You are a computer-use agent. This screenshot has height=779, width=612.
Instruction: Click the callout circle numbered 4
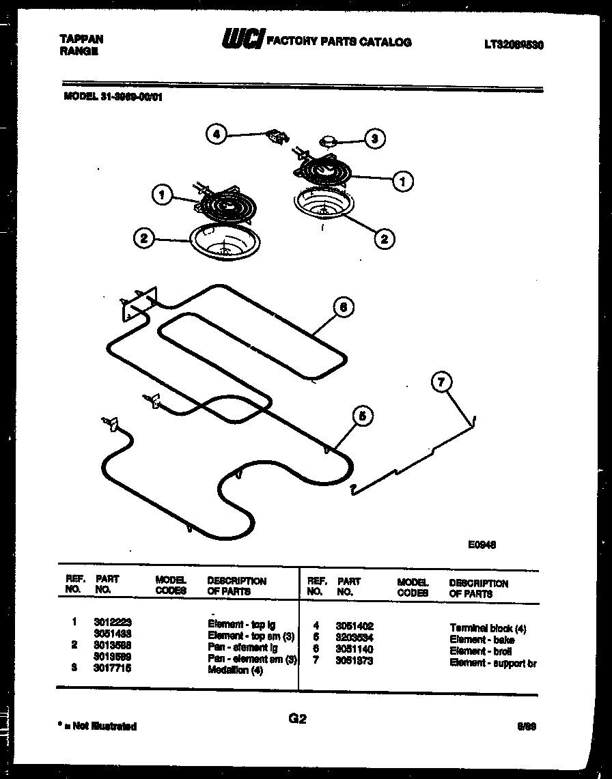216,134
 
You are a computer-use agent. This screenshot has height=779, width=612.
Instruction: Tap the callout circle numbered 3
374,139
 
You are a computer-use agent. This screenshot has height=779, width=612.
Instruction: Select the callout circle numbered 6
343,308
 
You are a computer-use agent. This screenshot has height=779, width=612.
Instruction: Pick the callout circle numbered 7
442,384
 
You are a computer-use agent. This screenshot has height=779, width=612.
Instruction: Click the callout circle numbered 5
363,414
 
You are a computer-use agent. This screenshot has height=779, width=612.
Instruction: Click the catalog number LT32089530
514,44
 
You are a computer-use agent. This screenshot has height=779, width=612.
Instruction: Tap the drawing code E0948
482,544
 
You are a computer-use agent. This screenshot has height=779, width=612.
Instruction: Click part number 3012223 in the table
113,623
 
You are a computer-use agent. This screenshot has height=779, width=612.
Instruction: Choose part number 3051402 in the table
354,625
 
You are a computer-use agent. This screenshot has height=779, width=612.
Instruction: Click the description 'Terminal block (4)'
488,628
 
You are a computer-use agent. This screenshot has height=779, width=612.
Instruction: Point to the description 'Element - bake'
482,640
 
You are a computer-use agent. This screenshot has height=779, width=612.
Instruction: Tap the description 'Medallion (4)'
236,670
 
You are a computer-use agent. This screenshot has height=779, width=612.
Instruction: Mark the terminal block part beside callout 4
276,137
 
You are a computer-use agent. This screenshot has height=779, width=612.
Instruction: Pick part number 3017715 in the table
113,669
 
